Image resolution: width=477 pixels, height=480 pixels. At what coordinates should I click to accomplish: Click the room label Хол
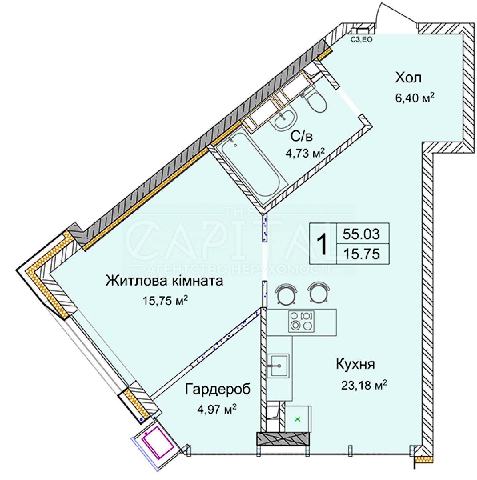[x=409, y=78]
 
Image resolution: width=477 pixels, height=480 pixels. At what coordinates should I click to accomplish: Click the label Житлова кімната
[x=164, y=281]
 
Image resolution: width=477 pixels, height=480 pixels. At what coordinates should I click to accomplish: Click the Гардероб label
[x=218, y=390]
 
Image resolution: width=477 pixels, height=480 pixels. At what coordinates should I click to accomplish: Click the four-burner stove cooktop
[x=302, y=322]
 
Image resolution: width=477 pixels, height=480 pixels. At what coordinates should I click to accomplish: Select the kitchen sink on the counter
[x=278, y=366]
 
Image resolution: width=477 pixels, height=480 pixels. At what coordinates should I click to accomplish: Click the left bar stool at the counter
[x=287, y=293]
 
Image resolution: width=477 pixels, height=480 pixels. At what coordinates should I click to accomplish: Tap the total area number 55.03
[x=361, y=234]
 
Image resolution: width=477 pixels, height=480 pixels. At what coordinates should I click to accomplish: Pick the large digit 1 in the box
[x=322, y=245]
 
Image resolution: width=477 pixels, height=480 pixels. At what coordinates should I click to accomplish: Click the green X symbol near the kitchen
[x=297, y=420]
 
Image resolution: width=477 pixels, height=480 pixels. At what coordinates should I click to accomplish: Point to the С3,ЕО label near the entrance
[x=361, y=39]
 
